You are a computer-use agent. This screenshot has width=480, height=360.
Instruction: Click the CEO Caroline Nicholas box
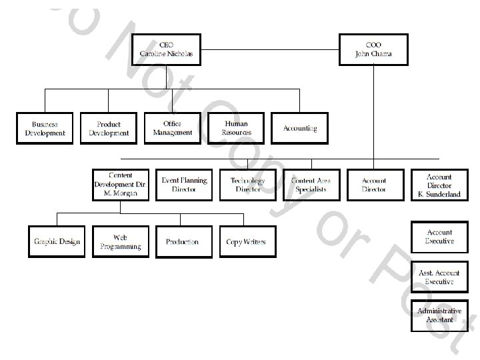[167, 49]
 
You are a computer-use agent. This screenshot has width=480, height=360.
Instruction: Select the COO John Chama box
[373, 49]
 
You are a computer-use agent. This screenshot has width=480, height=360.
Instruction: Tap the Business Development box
[45, 128]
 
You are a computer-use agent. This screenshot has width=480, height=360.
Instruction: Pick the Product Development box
[109, 128]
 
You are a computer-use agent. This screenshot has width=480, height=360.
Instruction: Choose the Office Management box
[172, 128]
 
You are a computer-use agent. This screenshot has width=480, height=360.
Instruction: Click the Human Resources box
[236, 128]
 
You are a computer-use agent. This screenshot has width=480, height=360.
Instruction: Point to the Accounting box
[299, 128]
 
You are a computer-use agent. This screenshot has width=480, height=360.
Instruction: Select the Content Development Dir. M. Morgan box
[120, 184]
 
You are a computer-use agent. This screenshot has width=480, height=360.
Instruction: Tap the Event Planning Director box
[184, 184]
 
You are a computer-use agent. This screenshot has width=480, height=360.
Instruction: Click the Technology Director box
[247, 184]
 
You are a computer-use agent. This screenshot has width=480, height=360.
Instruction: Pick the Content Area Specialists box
[311, 184]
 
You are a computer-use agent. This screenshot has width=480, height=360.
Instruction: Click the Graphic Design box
[57, 241]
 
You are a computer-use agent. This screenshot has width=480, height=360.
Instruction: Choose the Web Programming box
[120, 241]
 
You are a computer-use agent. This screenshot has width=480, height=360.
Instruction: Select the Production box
[183, 241]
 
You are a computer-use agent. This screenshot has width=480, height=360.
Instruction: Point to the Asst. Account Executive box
[439, 277]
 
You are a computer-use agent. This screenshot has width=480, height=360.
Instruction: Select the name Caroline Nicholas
[167, 54]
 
